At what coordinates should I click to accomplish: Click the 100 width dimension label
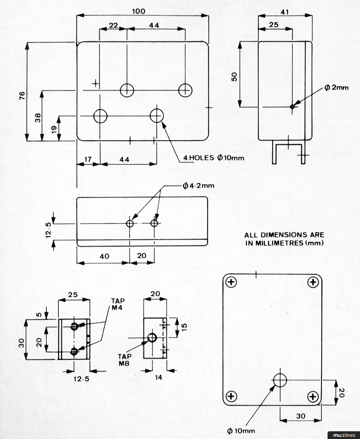point(139,11)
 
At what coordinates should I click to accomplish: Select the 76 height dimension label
point(22,95)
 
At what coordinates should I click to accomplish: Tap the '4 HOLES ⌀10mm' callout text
point(214,158)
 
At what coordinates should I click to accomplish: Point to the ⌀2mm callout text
point(337,87)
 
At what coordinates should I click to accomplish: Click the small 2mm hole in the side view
point(292,107)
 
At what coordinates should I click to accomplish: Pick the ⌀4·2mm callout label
point(198,185)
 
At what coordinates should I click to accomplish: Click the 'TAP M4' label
point(118,304)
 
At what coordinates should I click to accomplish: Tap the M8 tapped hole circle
point(152,338)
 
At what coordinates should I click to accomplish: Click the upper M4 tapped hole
point(74,326)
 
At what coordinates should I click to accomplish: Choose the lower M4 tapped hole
point(74,352)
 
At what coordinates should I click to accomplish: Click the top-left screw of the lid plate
point(231,282)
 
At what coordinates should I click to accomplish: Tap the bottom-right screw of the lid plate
point(313,397)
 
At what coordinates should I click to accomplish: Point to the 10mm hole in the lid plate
point(280,380)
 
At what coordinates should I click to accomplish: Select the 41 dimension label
point(285,12)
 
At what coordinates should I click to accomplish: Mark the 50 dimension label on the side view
point(234,77)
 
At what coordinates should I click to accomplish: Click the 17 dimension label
point(88,159)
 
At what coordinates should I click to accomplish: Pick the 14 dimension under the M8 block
point(159,378)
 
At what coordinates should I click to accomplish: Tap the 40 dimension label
point(104,256)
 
